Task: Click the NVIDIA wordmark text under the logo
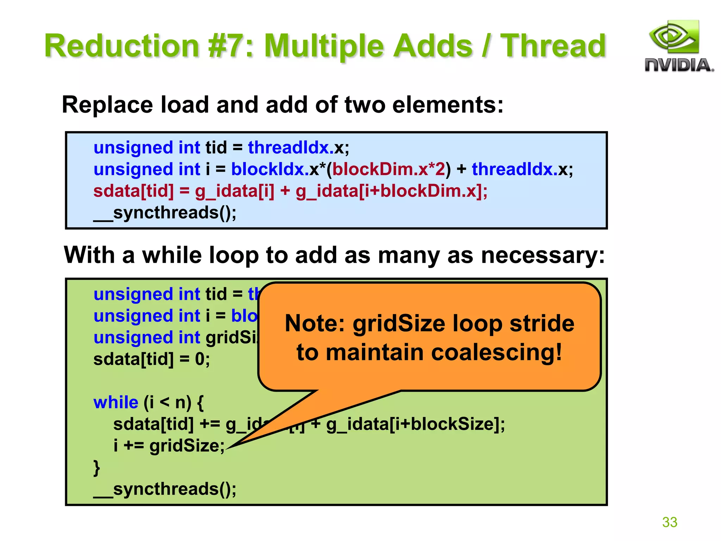[x=679, y=66]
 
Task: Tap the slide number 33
[x=669, y=522]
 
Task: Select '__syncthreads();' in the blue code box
[x=165, y=213]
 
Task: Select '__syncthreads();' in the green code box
[x=165, y=489]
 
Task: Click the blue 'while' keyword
[x=116, y=402]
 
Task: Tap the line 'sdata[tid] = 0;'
[x=151, y=359]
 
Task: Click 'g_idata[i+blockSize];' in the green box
[x=415, y=424]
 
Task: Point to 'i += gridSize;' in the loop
[x=169, y=446]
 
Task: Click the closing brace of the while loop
[x=96, y=468]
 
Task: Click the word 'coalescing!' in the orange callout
[x=496, y=352]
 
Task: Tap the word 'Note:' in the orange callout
[x=315, y=323]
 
